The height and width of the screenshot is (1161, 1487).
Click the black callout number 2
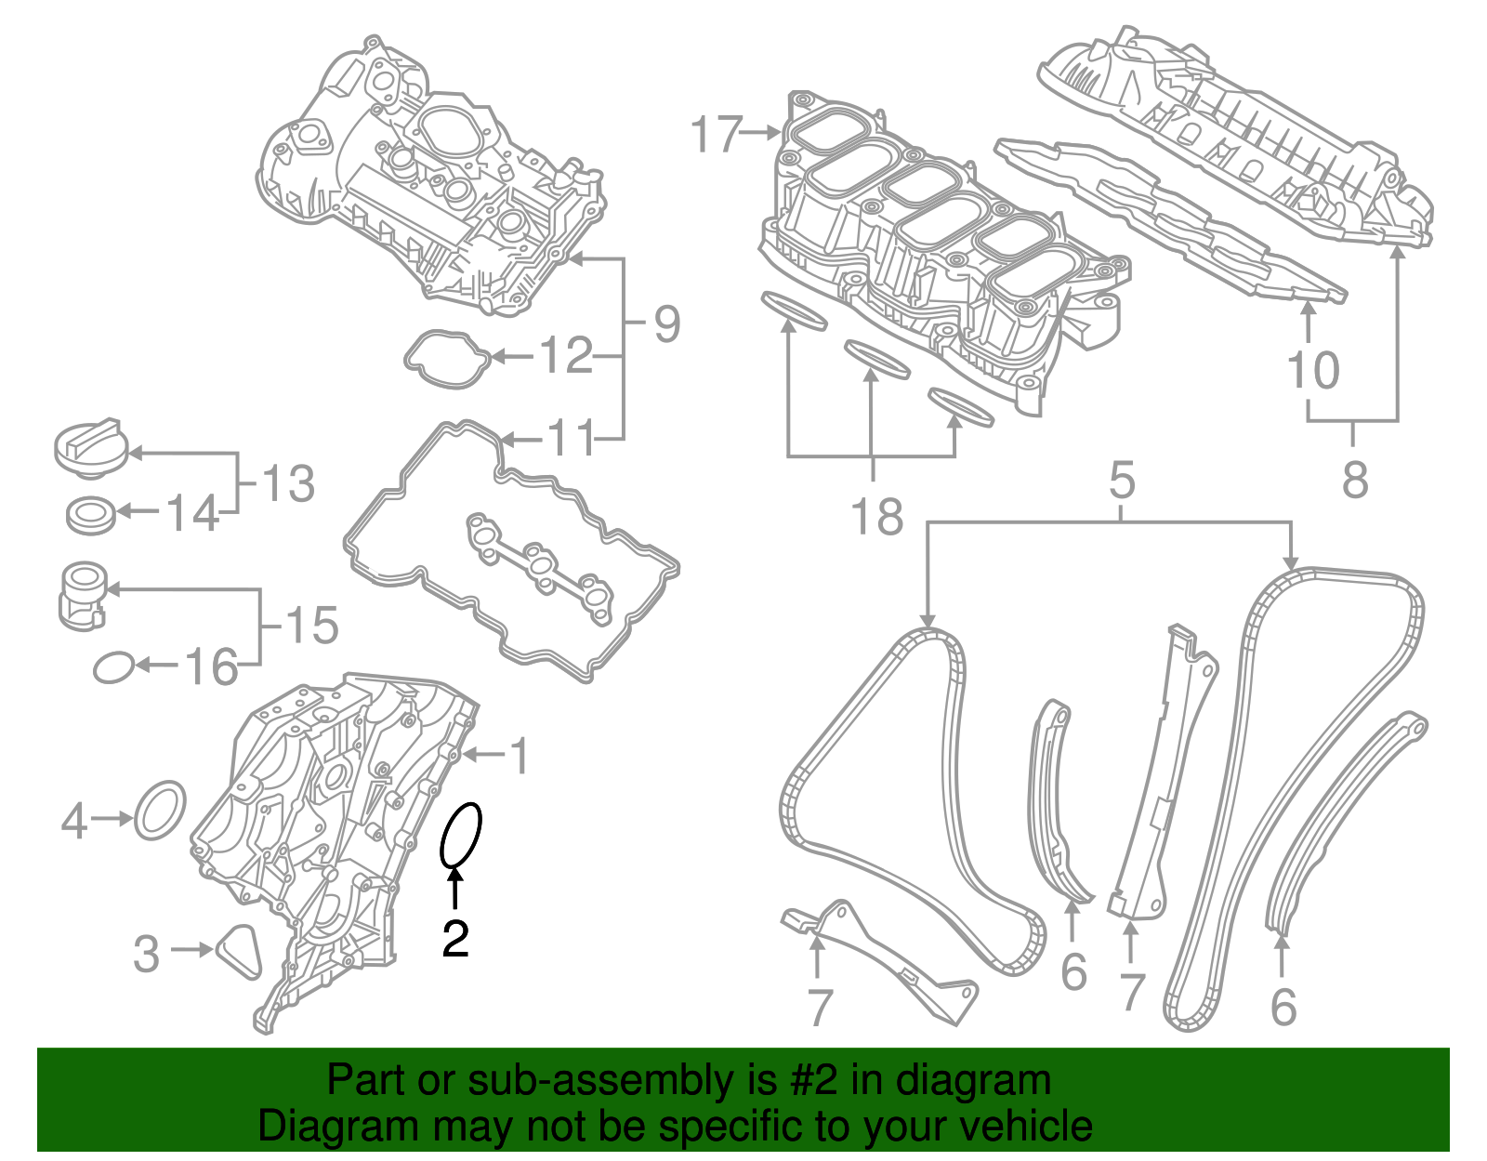point(455,939)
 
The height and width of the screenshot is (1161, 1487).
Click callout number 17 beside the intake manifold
point(717,135)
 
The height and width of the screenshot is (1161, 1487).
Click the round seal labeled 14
point(91,514)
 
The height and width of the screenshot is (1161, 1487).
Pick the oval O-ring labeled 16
point(113,666)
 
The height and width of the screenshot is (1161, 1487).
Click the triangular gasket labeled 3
point(239,950)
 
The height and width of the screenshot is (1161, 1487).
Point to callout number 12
point(566,356)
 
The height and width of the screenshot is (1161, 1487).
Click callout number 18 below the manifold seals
point(877,517)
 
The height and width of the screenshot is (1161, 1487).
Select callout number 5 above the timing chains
point(1123,481)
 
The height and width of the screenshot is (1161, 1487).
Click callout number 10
point(1313,370)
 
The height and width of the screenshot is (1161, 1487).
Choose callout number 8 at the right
point(1355,481)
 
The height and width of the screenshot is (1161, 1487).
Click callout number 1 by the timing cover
point(520,756)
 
